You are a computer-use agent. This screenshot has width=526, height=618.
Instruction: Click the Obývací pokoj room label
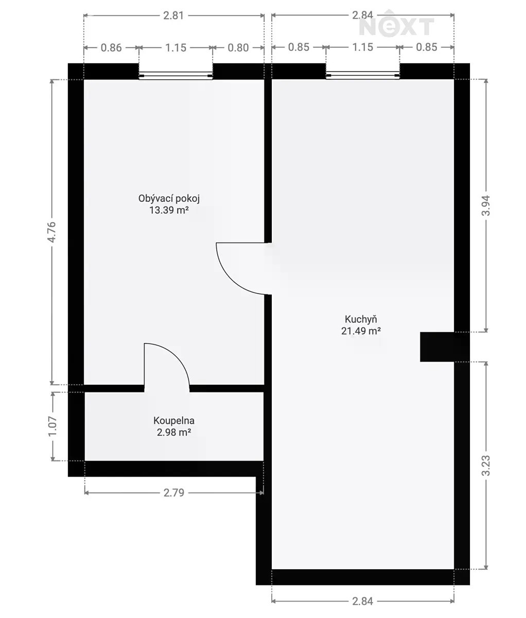tap(169, 199)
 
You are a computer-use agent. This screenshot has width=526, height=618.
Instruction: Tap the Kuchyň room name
tap(361, 320)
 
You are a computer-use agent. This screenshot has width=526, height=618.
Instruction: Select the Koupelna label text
tap(174, 421)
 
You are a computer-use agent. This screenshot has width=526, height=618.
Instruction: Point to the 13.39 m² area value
tap(169, 210)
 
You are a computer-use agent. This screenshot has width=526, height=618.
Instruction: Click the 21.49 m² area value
tap(361, 331)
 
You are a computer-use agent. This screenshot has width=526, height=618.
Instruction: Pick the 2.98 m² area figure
tap(174, 432)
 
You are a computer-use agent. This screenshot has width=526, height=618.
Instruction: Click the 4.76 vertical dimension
tap(51, 232)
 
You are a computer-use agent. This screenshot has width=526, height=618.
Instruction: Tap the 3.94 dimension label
tap(486, 205)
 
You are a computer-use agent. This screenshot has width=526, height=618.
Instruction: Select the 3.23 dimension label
tap(486, 466)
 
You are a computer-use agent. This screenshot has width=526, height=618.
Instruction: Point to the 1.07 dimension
tap(52, 426)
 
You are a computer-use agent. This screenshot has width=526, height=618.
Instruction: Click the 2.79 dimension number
tap(173, 493)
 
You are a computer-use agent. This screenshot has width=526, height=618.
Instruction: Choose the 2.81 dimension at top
tap(173, 15)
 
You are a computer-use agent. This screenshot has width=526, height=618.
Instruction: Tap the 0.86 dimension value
tap(111, 48)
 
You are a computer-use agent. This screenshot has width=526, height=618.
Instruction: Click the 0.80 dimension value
tap(238, 48)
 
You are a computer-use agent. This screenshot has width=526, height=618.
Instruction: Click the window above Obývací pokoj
tap(176, 76)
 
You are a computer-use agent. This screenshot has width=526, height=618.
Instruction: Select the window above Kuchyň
tap(363, 75)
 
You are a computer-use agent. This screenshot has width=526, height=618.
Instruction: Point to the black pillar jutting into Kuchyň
tap(437, 347)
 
